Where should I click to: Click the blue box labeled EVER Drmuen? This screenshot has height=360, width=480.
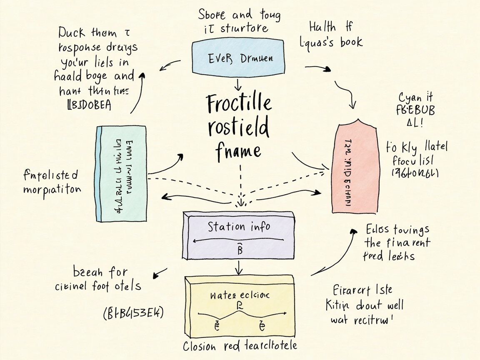tap(240, 57)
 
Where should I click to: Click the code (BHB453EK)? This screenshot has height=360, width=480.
tap(132, 312)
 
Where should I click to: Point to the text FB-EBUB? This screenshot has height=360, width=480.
tap(417, 111)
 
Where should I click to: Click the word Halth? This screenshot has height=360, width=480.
tap(322, 27)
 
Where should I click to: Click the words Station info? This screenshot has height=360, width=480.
tap(239, 227)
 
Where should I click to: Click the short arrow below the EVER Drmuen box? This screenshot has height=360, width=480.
tap(238, 84)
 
